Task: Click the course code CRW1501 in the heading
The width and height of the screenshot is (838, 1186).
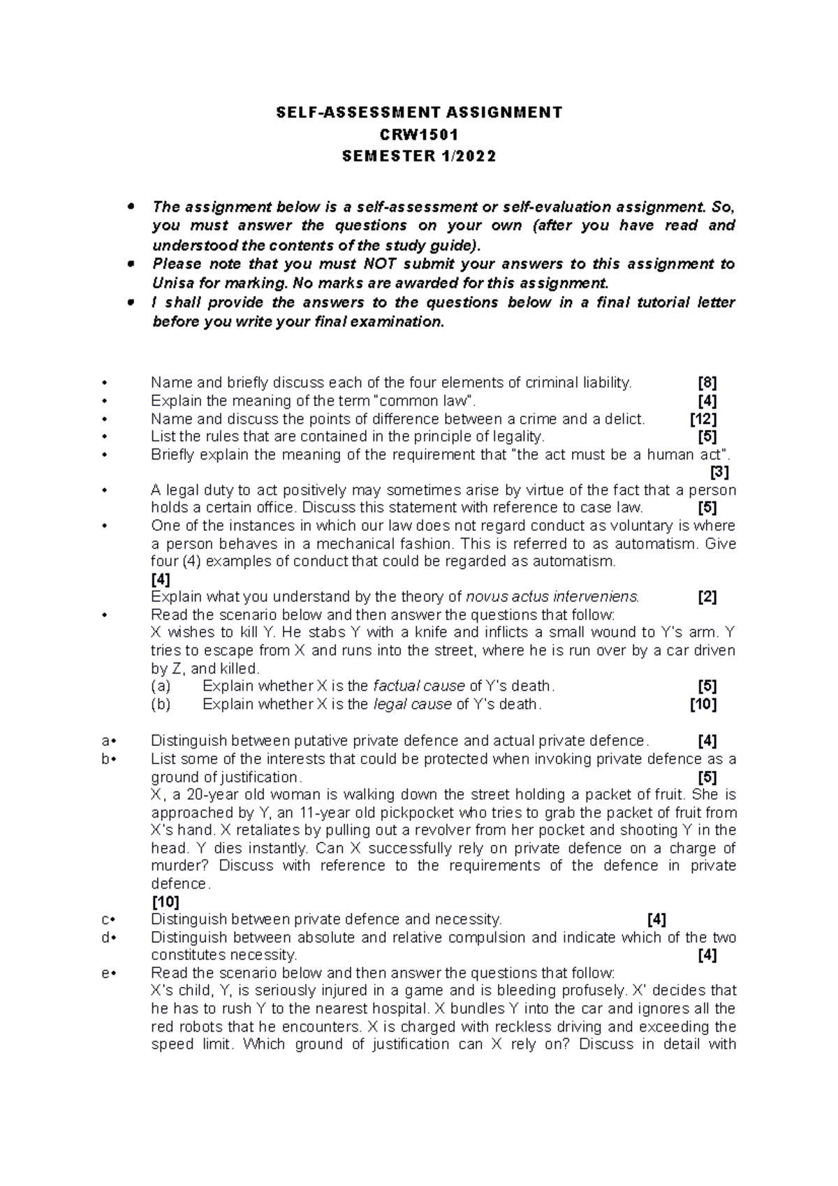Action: tap(418, 134)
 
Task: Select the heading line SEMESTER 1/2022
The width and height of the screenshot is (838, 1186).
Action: tap(418, 156)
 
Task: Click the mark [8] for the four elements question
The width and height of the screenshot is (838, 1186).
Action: tap(707, 383)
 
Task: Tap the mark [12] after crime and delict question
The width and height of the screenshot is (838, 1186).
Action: tap(703, 419)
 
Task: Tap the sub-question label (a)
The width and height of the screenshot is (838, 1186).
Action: tap(161, 686)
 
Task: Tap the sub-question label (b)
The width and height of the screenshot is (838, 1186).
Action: tap(161, 704)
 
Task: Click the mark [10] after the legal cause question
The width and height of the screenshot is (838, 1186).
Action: tap(703, 704)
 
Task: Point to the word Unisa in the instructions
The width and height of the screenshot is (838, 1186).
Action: tap(171, 284)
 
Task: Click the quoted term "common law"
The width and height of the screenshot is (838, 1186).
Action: tap(425, 401)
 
